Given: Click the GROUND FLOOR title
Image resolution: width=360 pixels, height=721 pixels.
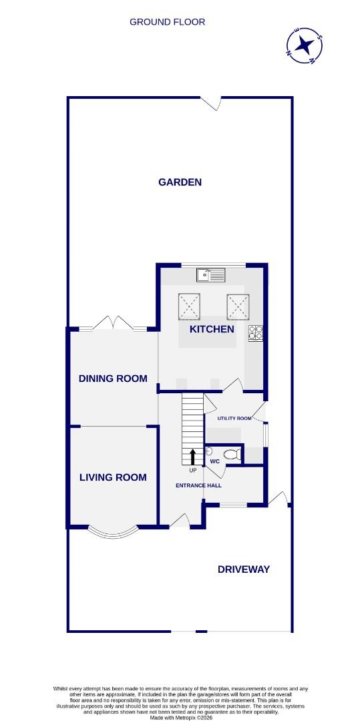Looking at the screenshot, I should (167, 22).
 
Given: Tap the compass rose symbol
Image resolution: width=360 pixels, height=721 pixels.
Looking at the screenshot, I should (305, 45).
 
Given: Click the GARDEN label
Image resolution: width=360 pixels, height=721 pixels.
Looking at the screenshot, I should (180, 182).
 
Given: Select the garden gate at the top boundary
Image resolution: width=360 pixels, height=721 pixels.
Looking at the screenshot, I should (212, 103).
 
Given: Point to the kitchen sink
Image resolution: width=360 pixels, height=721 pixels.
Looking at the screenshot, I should (212, 274).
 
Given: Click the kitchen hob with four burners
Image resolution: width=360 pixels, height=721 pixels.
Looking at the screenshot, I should (256, 332).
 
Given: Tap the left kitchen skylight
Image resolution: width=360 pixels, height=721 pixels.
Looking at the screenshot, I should (190, 306).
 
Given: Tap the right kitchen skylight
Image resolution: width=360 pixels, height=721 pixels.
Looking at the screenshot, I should (237, 306).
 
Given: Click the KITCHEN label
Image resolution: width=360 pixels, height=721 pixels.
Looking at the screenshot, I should (212, 329).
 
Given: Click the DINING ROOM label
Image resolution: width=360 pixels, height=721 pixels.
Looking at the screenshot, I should (113, 379).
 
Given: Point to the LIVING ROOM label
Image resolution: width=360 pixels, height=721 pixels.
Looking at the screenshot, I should (113, 477).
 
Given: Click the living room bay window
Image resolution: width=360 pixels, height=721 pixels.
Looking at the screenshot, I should (112, 531).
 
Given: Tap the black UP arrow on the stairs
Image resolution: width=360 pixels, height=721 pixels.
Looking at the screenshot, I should (192, 457).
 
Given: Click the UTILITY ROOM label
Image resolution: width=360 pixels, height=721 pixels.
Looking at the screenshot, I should (234, 419).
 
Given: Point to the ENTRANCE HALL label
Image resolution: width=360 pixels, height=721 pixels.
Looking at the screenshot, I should (198, 485).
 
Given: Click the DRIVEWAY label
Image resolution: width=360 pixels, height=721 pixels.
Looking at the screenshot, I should (244, 569).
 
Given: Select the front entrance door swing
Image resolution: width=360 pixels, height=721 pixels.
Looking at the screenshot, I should (180, 520).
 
